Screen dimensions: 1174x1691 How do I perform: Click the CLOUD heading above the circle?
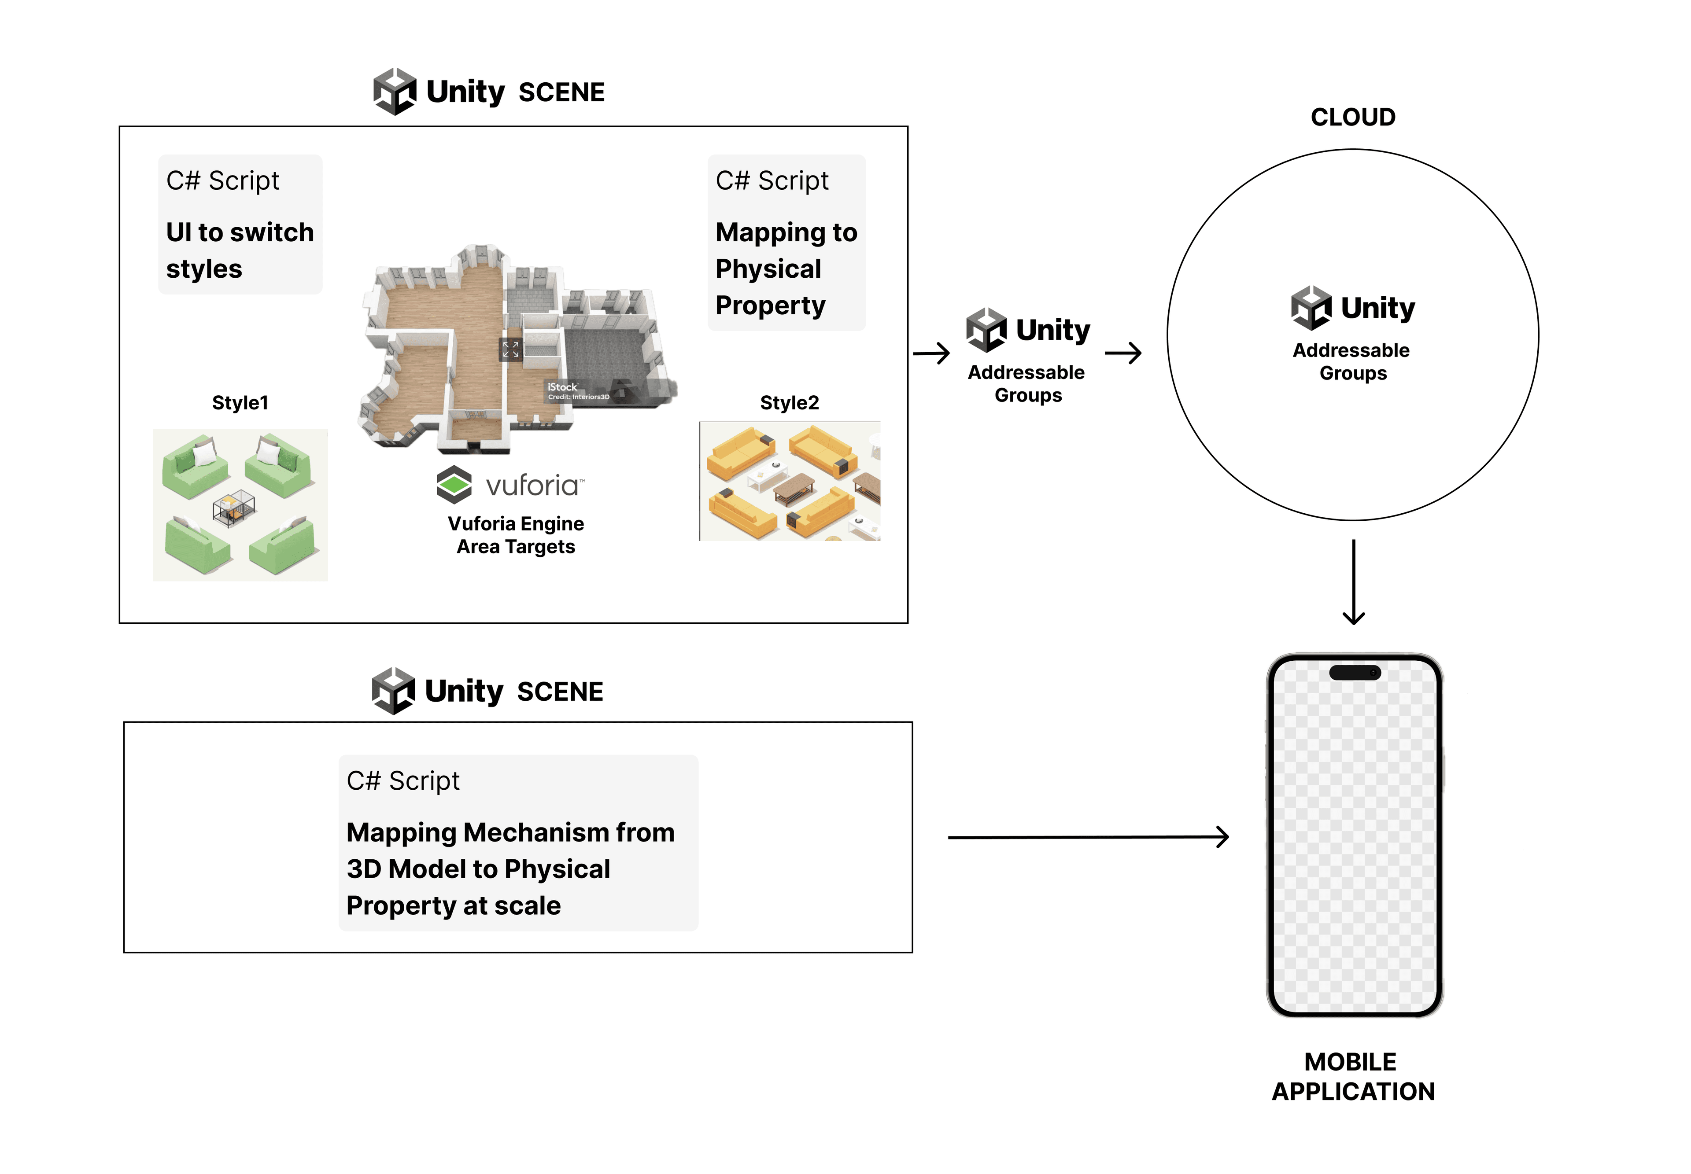pyautogui.click(x=1352, y=117)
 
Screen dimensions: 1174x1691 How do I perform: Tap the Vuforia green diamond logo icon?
pyautogui.click(x=454, y=484)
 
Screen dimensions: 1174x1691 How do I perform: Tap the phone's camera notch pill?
pyautogui.click(x=1354, y=672)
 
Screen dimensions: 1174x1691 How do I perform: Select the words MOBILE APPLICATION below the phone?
pyautogui.click(x=1352, y=1076)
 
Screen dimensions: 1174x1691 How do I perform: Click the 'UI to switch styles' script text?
pyautogui.click(x=240, y=250)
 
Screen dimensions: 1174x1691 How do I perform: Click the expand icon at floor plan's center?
pyautogui.click(x=511, y=350)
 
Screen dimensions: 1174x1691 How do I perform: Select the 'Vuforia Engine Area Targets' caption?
pyautogui.click(x=515, y=535)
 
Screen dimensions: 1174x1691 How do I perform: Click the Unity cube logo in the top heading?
pyautogui.click(x=395, y=92)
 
